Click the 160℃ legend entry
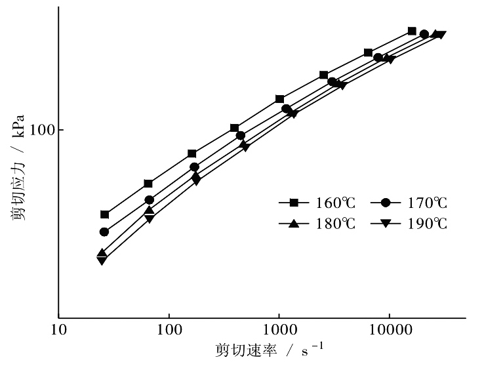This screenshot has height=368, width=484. coord(319,202)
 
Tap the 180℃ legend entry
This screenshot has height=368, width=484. coord(319,224)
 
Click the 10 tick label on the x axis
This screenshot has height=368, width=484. coord(58,329)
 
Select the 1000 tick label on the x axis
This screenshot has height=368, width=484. coord(279,329)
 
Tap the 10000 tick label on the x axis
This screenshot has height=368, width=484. coord(389,329)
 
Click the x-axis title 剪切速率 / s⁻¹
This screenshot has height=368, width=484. coord(269,350)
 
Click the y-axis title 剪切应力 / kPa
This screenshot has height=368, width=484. coord(20,167)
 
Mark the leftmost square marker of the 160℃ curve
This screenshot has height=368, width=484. coord(104,215)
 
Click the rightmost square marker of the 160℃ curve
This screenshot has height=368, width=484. coord(412,31)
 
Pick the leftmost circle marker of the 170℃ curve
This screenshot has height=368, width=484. coord(104,232)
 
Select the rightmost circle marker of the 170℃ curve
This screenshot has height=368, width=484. coord(424,34)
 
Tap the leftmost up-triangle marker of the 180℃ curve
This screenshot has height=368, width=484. coord(102,253)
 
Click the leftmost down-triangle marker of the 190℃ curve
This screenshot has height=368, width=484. coord(102,260)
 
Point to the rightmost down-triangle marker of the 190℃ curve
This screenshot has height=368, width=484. coord(441,35)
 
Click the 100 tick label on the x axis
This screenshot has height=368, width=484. coord(169,329)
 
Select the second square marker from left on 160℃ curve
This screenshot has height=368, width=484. coord(148,184)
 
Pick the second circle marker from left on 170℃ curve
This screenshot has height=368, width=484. coord(149,199)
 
